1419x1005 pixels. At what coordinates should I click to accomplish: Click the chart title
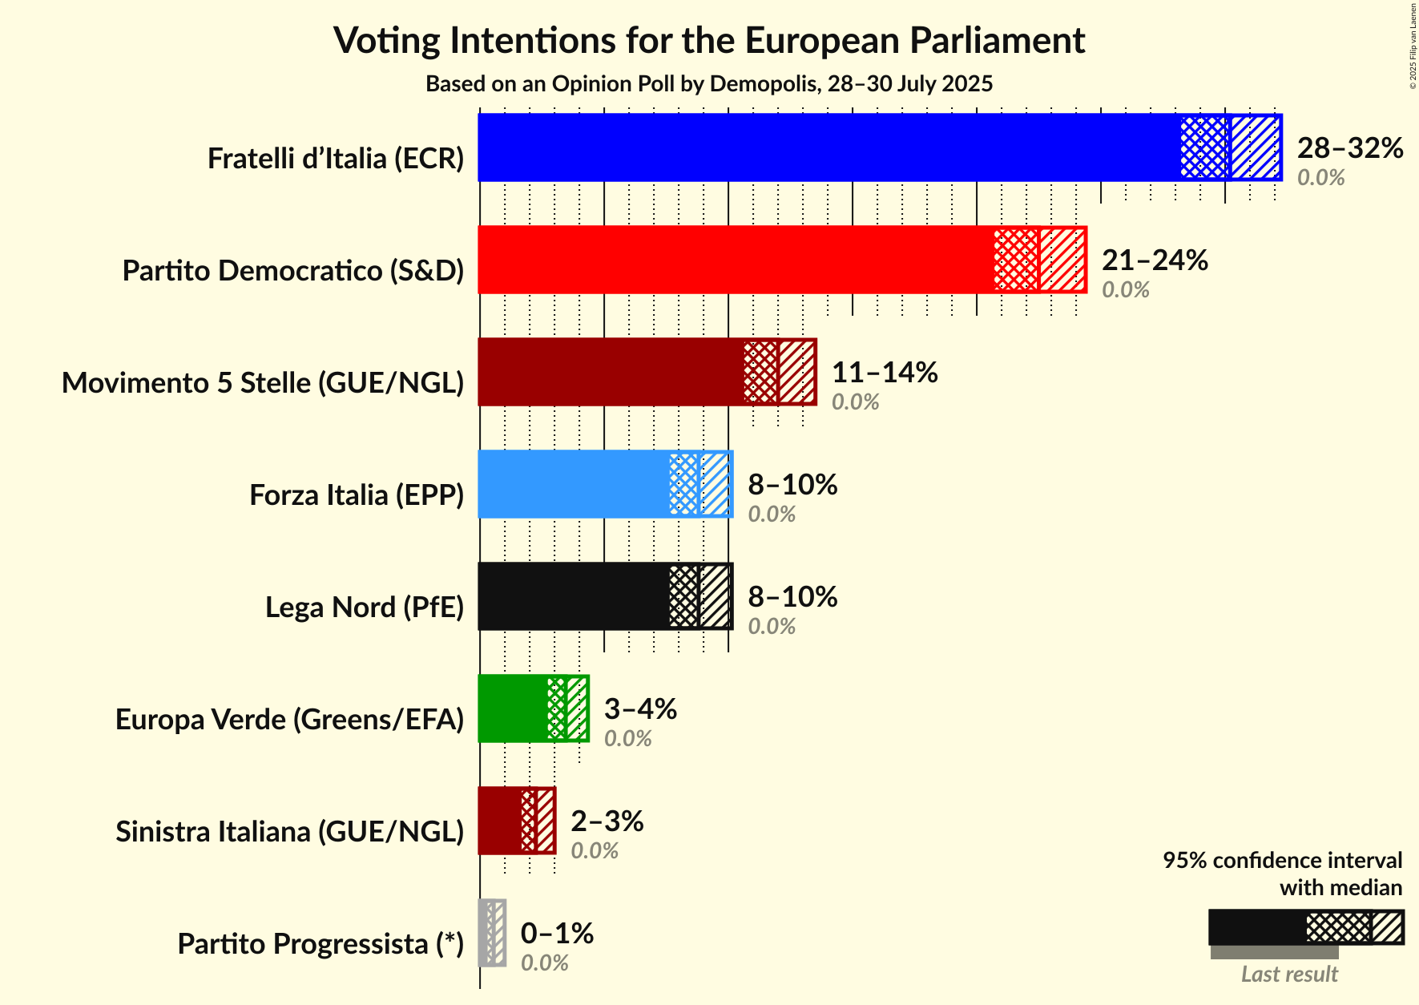pyautogui.click(x=709, y=40)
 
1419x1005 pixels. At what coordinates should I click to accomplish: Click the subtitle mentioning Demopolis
pyautogui.click(x=709, y=83)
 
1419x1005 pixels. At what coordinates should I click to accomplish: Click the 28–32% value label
pyautogui.click(x=1350, y=147)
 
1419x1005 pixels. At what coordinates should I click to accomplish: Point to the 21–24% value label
pyautogui.click(x=1155, y=260)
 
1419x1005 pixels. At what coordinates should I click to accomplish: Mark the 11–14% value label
pyautogui.click(x=885, y=372)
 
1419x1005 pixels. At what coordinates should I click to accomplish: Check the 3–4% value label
pyautogui.click(x=640, y=708)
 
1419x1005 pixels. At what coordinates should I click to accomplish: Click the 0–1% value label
pyautogui.click(x=557, y=933)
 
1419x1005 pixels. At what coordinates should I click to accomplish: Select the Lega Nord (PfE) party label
pyautogui.click(x=365, y=607)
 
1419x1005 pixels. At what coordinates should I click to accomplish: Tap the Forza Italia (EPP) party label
pyautogui.click(x=357, y=495)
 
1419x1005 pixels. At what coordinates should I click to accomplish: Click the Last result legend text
pyautogui.click(x=1289, y=974)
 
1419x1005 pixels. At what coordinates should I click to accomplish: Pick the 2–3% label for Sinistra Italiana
pyautogui.click(x=607, y=821)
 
